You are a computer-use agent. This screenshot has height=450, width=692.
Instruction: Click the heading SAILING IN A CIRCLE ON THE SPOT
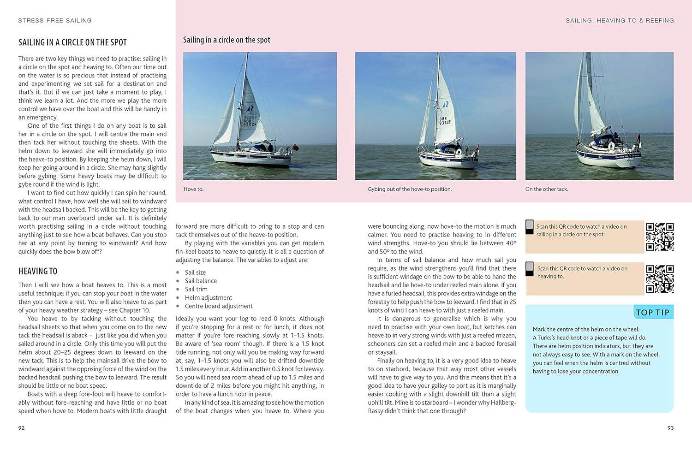(72, 42)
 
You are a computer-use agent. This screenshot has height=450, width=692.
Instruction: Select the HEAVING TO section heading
(38, 271)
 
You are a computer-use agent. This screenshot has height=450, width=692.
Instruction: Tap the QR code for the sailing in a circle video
(660, 237)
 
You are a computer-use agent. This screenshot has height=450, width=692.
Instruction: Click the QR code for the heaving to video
(660, 279)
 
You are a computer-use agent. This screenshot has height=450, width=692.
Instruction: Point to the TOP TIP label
(652, 312)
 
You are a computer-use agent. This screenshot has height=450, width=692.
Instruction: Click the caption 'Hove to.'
(193, 189)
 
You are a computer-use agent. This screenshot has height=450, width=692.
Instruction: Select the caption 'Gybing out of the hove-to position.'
(410, 189)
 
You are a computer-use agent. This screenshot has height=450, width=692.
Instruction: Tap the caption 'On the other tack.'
(547, 189)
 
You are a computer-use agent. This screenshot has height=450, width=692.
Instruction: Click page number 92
(22, 428)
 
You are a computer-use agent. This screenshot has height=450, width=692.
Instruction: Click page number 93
(670, 428)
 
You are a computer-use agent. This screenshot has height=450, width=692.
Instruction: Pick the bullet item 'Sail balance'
(201, 281)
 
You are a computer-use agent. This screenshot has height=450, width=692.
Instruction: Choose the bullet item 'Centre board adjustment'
(219, 306)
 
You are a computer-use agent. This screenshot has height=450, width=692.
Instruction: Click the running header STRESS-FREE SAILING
(55, 21)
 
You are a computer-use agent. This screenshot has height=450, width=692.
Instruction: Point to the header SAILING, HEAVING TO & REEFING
(620, 21)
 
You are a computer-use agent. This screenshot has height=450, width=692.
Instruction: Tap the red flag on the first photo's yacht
(296, 148)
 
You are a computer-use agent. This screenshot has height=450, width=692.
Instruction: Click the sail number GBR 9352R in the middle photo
(445, 121)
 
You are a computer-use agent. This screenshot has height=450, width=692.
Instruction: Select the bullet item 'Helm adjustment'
(209, 298)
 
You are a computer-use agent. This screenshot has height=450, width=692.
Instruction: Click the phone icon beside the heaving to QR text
(530, 269)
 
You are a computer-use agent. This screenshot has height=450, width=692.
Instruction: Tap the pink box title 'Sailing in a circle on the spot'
(227, 40)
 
